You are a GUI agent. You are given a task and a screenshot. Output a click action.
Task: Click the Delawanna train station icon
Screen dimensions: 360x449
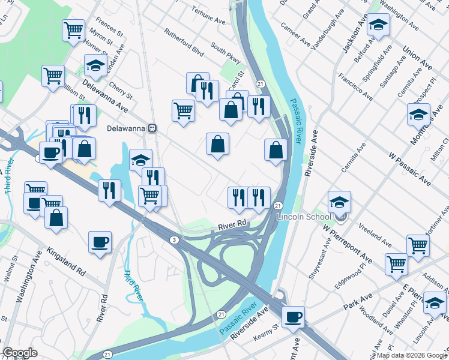[x=153, y=128]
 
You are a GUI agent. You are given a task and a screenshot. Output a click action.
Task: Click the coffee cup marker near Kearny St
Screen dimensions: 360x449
[x=293, y=317]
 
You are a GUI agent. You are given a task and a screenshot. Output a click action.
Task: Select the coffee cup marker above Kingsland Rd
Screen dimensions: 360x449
[x=100, y=242]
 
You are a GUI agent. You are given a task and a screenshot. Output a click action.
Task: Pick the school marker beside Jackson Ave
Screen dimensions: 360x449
[x=378, y=25]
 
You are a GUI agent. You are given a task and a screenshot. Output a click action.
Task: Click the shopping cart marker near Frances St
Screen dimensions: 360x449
[x=73, y=29]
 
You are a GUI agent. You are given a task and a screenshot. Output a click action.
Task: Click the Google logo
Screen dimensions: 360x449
[x=20, y=353]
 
